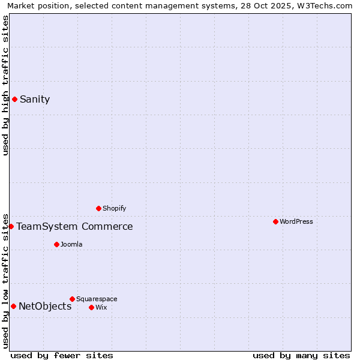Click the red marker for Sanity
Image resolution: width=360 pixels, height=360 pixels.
coord(14,100)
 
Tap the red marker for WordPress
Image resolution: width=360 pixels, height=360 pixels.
coord(275,222)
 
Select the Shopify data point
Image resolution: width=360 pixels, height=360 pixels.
coord(98,209)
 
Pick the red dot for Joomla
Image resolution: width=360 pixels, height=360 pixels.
coord(56,245)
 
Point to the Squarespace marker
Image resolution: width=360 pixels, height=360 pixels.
coord(72,299)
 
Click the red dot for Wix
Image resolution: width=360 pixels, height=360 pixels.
coord(91,308)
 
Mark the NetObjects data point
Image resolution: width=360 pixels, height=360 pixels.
coord(13,307)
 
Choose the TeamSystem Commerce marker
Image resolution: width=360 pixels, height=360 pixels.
coord(11,227)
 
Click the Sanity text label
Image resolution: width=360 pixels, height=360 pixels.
coord(35,100)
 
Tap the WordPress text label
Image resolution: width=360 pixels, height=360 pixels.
coord(296,222)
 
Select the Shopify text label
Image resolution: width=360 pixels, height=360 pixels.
coord(114,209)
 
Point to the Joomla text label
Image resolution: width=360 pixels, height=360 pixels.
coord(71,245)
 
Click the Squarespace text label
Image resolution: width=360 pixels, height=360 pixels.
coord(97,299)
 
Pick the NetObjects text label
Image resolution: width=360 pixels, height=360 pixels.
coord(45,307)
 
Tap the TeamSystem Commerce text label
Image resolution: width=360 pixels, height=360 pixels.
coord(74,227)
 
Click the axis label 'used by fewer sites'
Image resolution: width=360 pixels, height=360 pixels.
coord(62,355)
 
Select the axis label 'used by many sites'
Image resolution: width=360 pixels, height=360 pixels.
coord(301,355)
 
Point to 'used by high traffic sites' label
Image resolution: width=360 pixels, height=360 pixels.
coord(5,85)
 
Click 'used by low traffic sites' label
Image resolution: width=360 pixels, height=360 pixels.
coord(5,280)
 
